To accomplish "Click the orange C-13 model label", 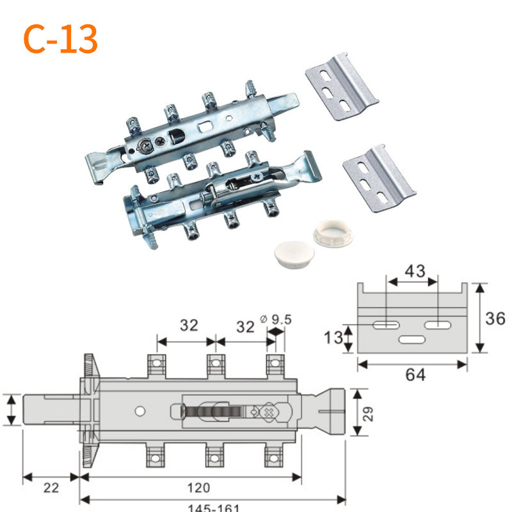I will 61,39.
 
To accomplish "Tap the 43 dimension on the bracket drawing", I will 415,270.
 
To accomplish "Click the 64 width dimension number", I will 412,374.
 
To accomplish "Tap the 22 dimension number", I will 51,488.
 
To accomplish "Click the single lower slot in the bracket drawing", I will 412,339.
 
